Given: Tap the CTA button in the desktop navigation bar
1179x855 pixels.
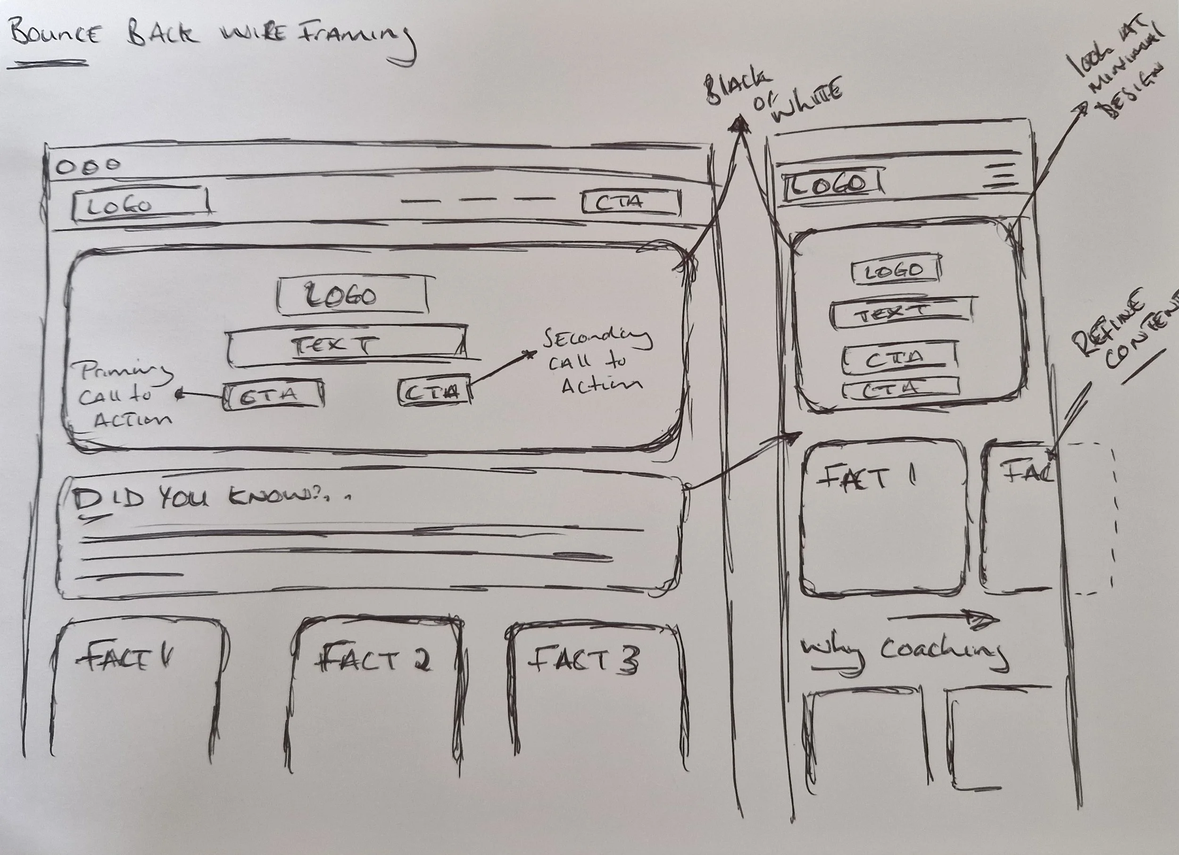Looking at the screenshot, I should (631, 202).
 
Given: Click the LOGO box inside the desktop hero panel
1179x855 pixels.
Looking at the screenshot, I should (352, 296).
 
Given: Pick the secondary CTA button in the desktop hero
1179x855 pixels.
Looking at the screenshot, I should (434, 392).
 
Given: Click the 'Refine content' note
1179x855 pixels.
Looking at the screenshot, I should (1123, 333).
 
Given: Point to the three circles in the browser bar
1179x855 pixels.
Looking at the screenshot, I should (88, 167).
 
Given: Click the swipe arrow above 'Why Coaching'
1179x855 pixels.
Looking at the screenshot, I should (944, 619).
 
